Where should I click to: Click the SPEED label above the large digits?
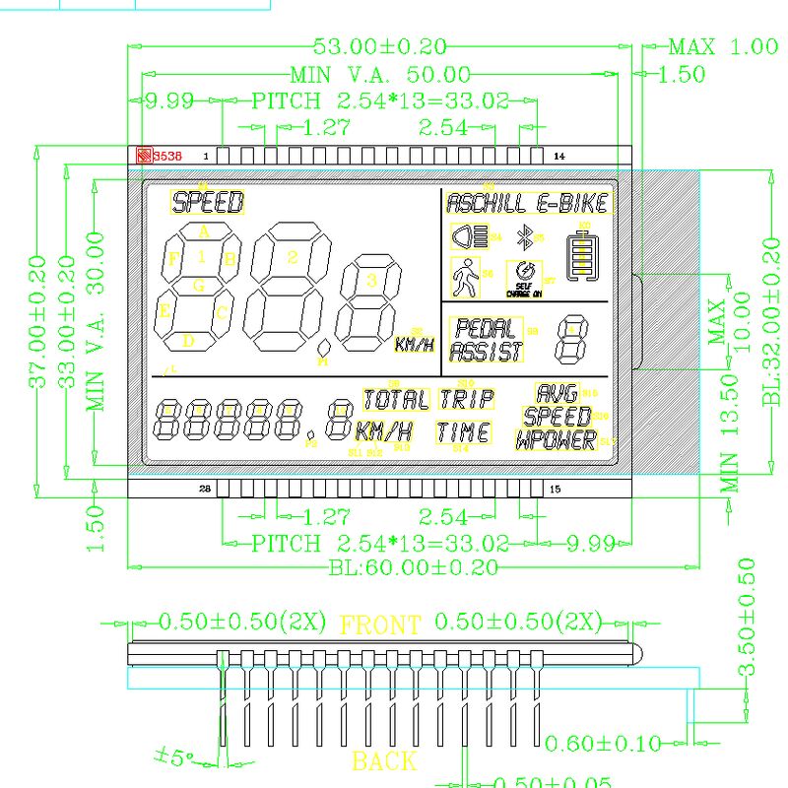(x=208, y=203)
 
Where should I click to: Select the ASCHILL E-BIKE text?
(x=528, y=204)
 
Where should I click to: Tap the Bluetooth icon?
(x=526, y=237)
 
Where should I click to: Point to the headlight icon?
(x=470, y=237)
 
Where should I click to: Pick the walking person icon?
(x=464, y=278)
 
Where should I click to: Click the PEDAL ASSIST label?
(x=487, y=340)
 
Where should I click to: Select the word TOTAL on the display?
(x=396, y=400)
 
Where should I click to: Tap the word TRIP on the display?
(x=466, y=399)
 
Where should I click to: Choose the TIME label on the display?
(x=463, y=431)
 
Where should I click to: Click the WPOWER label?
(x=557, y=440)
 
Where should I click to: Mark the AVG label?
(x=558, y=393)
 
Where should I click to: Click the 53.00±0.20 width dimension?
(x=379, y=45)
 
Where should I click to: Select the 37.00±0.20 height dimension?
(x=37, y=321)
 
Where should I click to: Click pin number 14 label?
(x=559, y=156)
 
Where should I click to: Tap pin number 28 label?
(x=206, y=489)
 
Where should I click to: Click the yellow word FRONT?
(x=380, y=624)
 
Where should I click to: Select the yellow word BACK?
(x=384, y=760)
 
